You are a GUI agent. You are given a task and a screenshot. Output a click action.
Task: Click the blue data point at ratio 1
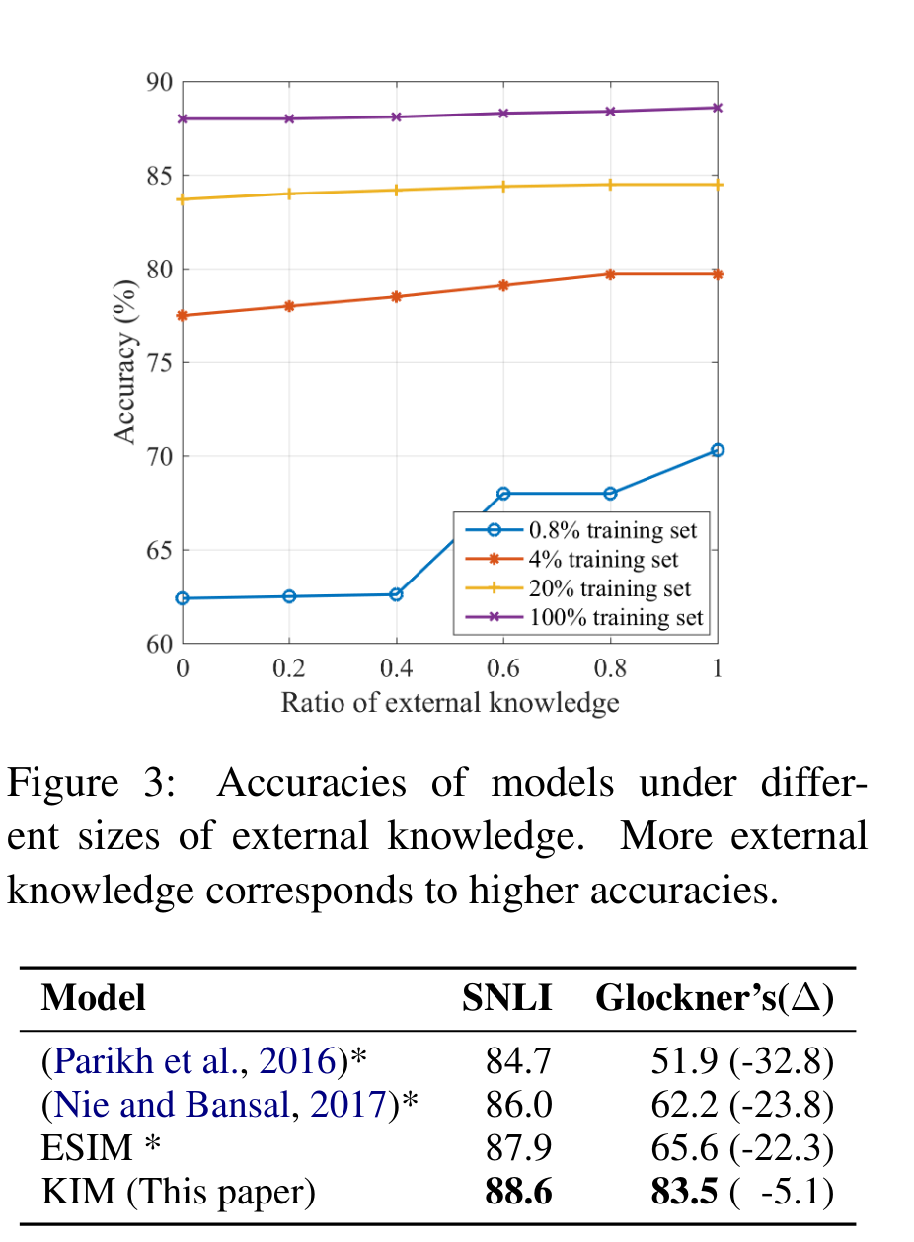click(x=718, y=450)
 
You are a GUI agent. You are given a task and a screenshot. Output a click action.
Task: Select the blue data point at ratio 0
click(x=183, y=598)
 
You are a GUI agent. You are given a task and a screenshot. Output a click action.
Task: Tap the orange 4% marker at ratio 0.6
click(x=503, y=285)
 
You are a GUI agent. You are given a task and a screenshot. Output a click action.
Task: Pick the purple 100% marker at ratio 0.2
click(x=289, y=118)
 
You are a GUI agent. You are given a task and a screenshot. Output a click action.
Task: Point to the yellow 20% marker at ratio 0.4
click(x=396, y=190)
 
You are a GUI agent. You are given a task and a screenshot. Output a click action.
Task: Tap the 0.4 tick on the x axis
click(x=396, y=668)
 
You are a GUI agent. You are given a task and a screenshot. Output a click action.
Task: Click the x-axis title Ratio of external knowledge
click(x=450, y=703)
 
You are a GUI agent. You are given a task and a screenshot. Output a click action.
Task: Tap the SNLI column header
click(x=506, y=998)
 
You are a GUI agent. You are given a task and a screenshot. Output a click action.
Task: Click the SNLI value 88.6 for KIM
click(x=519, y=1193)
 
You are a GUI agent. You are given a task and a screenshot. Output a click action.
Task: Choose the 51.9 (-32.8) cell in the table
click(x=742, y=1062)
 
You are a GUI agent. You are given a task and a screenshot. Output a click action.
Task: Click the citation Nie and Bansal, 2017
click(x=216, y=1106)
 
